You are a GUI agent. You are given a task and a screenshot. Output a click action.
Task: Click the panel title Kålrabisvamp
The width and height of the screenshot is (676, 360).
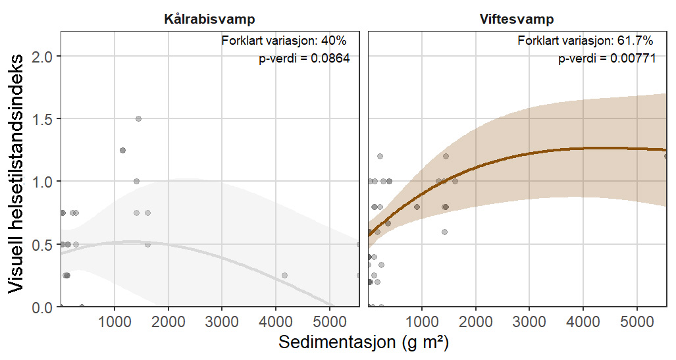[x=209, y=19]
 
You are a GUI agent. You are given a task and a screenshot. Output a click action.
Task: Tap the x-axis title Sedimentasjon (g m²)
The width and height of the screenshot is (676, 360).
[x=364, y=344]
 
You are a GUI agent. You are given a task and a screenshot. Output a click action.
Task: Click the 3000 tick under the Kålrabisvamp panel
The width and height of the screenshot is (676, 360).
[x=222, y=322]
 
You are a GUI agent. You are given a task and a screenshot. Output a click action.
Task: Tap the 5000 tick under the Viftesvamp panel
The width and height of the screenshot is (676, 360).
[x=637, y=322]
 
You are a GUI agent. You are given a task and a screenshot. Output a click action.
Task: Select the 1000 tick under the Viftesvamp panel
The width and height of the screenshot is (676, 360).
[x=421, y=322]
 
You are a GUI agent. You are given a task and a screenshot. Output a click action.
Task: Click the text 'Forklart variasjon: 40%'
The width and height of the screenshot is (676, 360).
[x=284, y=41]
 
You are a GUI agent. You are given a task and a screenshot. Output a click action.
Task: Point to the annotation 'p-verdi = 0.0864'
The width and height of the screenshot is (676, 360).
[x=303, y=59]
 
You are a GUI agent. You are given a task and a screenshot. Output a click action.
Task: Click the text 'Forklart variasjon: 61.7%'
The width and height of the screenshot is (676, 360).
[x=585, y=41]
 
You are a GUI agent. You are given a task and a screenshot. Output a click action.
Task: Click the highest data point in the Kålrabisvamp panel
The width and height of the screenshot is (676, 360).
[x=138, y=119]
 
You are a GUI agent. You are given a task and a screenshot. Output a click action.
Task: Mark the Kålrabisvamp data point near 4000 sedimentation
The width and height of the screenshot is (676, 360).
[x=284, y=276]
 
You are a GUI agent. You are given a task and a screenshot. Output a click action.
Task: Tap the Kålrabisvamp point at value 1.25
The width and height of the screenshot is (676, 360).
[x=122, y=151]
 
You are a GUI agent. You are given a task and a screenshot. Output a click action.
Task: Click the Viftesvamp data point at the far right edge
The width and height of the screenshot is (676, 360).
[x=666, y=157]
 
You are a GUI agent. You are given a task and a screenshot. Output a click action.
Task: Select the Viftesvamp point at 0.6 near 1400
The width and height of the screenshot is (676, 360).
[x=444, y=232]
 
